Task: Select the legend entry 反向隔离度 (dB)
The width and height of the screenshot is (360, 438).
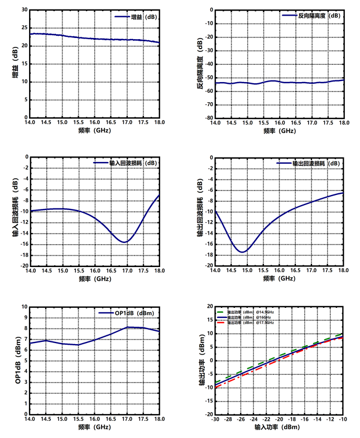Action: point(311,16)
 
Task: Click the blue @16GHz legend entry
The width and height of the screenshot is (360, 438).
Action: point(251,317)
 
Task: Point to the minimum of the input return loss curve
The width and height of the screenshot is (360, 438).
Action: point(125,242)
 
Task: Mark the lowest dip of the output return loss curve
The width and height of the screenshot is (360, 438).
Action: point(242,252)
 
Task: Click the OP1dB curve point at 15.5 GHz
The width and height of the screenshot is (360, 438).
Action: point(78,345)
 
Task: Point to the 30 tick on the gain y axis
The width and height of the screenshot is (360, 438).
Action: point(24,9)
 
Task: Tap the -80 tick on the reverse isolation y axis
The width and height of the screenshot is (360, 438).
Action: point(207,118)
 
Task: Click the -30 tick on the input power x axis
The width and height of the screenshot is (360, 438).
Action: point(215,419)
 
